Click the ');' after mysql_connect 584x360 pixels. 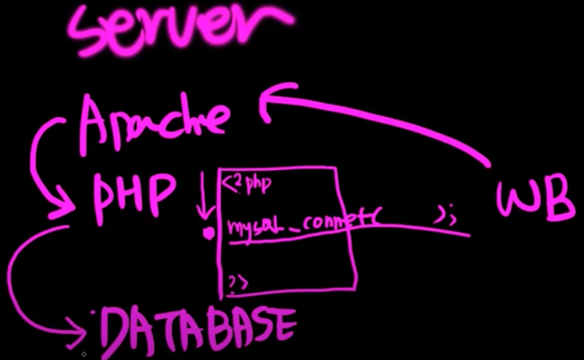click(445, 217)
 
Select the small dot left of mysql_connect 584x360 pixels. click(209, 233)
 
